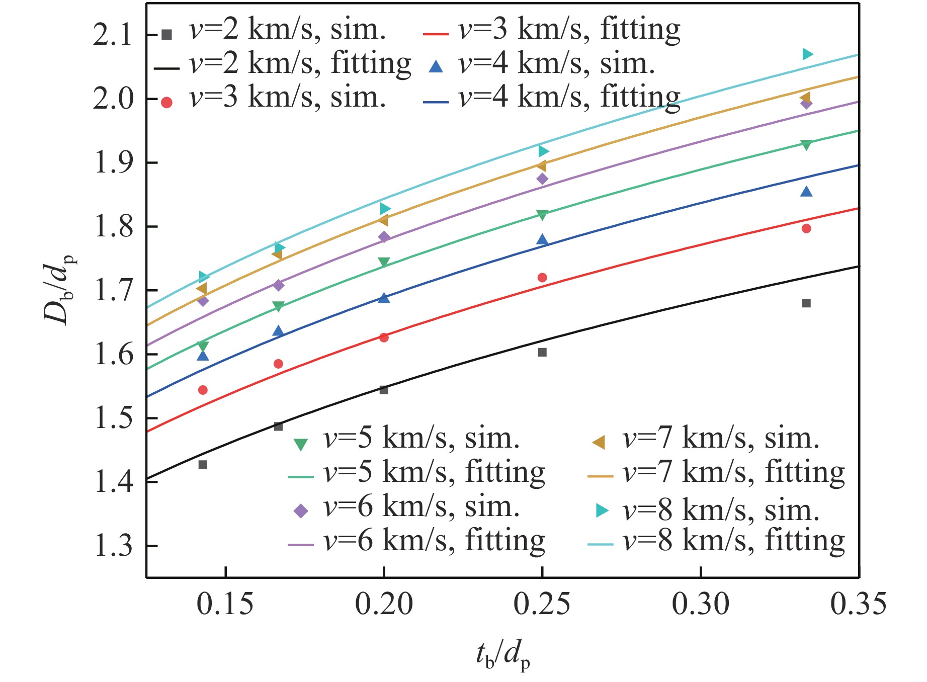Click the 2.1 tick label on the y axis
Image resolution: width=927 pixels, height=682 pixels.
(x=113, y=35)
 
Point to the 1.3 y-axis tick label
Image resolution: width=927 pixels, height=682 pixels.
(x=113, y=546)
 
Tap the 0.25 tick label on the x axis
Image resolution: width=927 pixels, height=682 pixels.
(x=542, y=604)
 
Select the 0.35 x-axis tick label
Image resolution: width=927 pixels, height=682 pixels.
(x=858, y=604)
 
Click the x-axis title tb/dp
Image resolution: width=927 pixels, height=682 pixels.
(x=502, y=656)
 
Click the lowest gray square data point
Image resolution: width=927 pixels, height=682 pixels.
(x=203, y=465)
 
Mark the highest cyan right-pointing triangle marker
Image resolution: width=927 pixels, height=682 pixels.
(x=807, y=54)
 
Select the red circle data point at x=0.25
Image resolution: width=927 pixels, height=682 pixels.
(x=542, y=278)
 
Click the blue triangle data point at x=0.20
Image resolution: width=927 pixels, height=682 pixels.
(x=384, y=298)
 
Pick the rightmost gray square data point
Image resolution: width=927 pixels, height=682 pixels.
(x=806, y=303)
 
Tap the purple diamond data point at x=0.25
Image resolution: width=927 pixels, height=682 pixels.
(x=542, y=179)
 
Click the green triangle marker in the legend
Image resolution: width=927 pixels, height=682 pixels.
(x=300, y=444)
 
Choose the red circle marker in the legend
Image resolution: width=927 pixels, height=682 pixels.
(x=166, y=103)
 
